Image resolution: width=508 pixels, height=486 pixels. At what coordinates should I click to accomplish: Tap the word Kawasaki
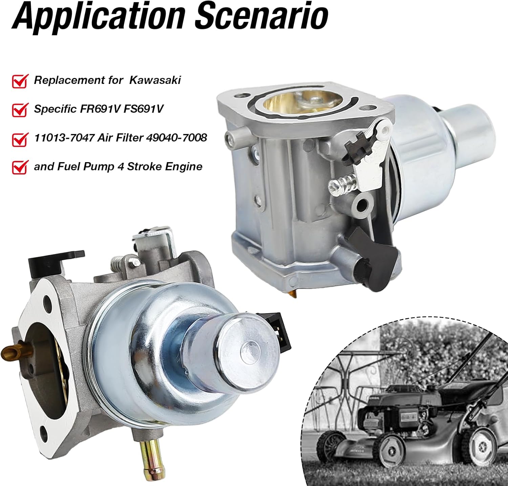(155, 80)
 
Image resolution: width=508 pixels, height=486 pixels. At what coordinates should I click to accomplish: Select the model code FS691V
(145, 109)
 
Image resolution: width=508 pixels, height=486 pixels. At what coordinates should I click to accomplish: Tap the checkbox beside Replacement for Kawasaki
(20, 81)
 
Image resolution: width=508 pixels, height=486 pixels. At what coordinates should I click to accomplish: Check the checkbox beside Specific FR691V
(20, 110)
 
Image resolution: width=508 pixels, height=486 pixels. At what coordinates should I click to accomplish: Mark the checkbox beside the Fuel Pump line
(20, 167)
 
